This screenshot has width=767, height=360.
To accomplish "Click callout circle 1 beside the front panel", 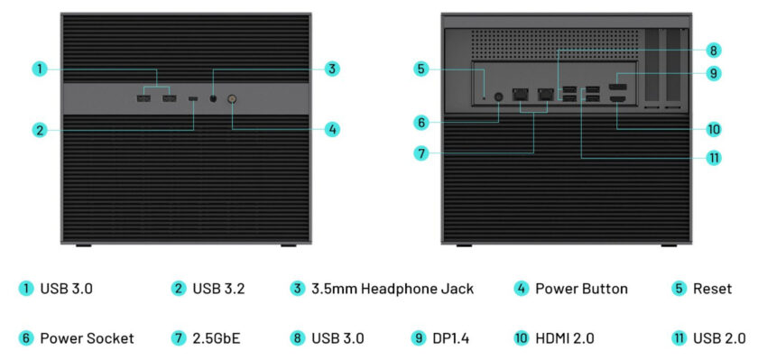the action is (x=39, y=69).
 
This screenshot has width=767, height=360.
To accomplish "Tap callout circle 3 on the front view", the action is (x=332, y=69).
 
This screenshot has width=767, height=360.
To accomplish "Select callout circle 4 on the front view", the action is (x=332, y=129).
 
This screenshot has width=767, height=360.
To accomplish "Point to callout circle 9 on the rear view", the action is (x=714, y=74).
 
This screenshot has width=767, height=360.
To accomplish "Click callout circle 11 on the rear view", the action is (x=714, y=157).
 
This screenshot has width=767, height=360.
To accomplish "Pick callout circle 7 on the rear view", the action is (x=420, y=153).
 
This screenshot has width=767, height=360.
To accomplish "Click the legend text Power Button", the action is (x=581, y=290).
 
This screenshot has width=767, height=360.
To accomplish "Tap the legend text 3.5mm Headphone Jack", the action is (x=393, y=290).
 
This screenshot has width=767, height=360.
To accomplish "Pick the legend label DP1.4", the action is (x=451, y=338).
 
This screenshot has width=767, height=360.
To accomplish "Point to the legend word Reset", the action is (x=713, y=290).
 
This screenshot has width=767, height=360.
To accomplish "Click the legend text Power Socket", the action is (x=87, y=338).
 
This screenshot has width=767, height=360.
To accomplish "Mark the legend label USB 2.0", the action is (x=719, y=338).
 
